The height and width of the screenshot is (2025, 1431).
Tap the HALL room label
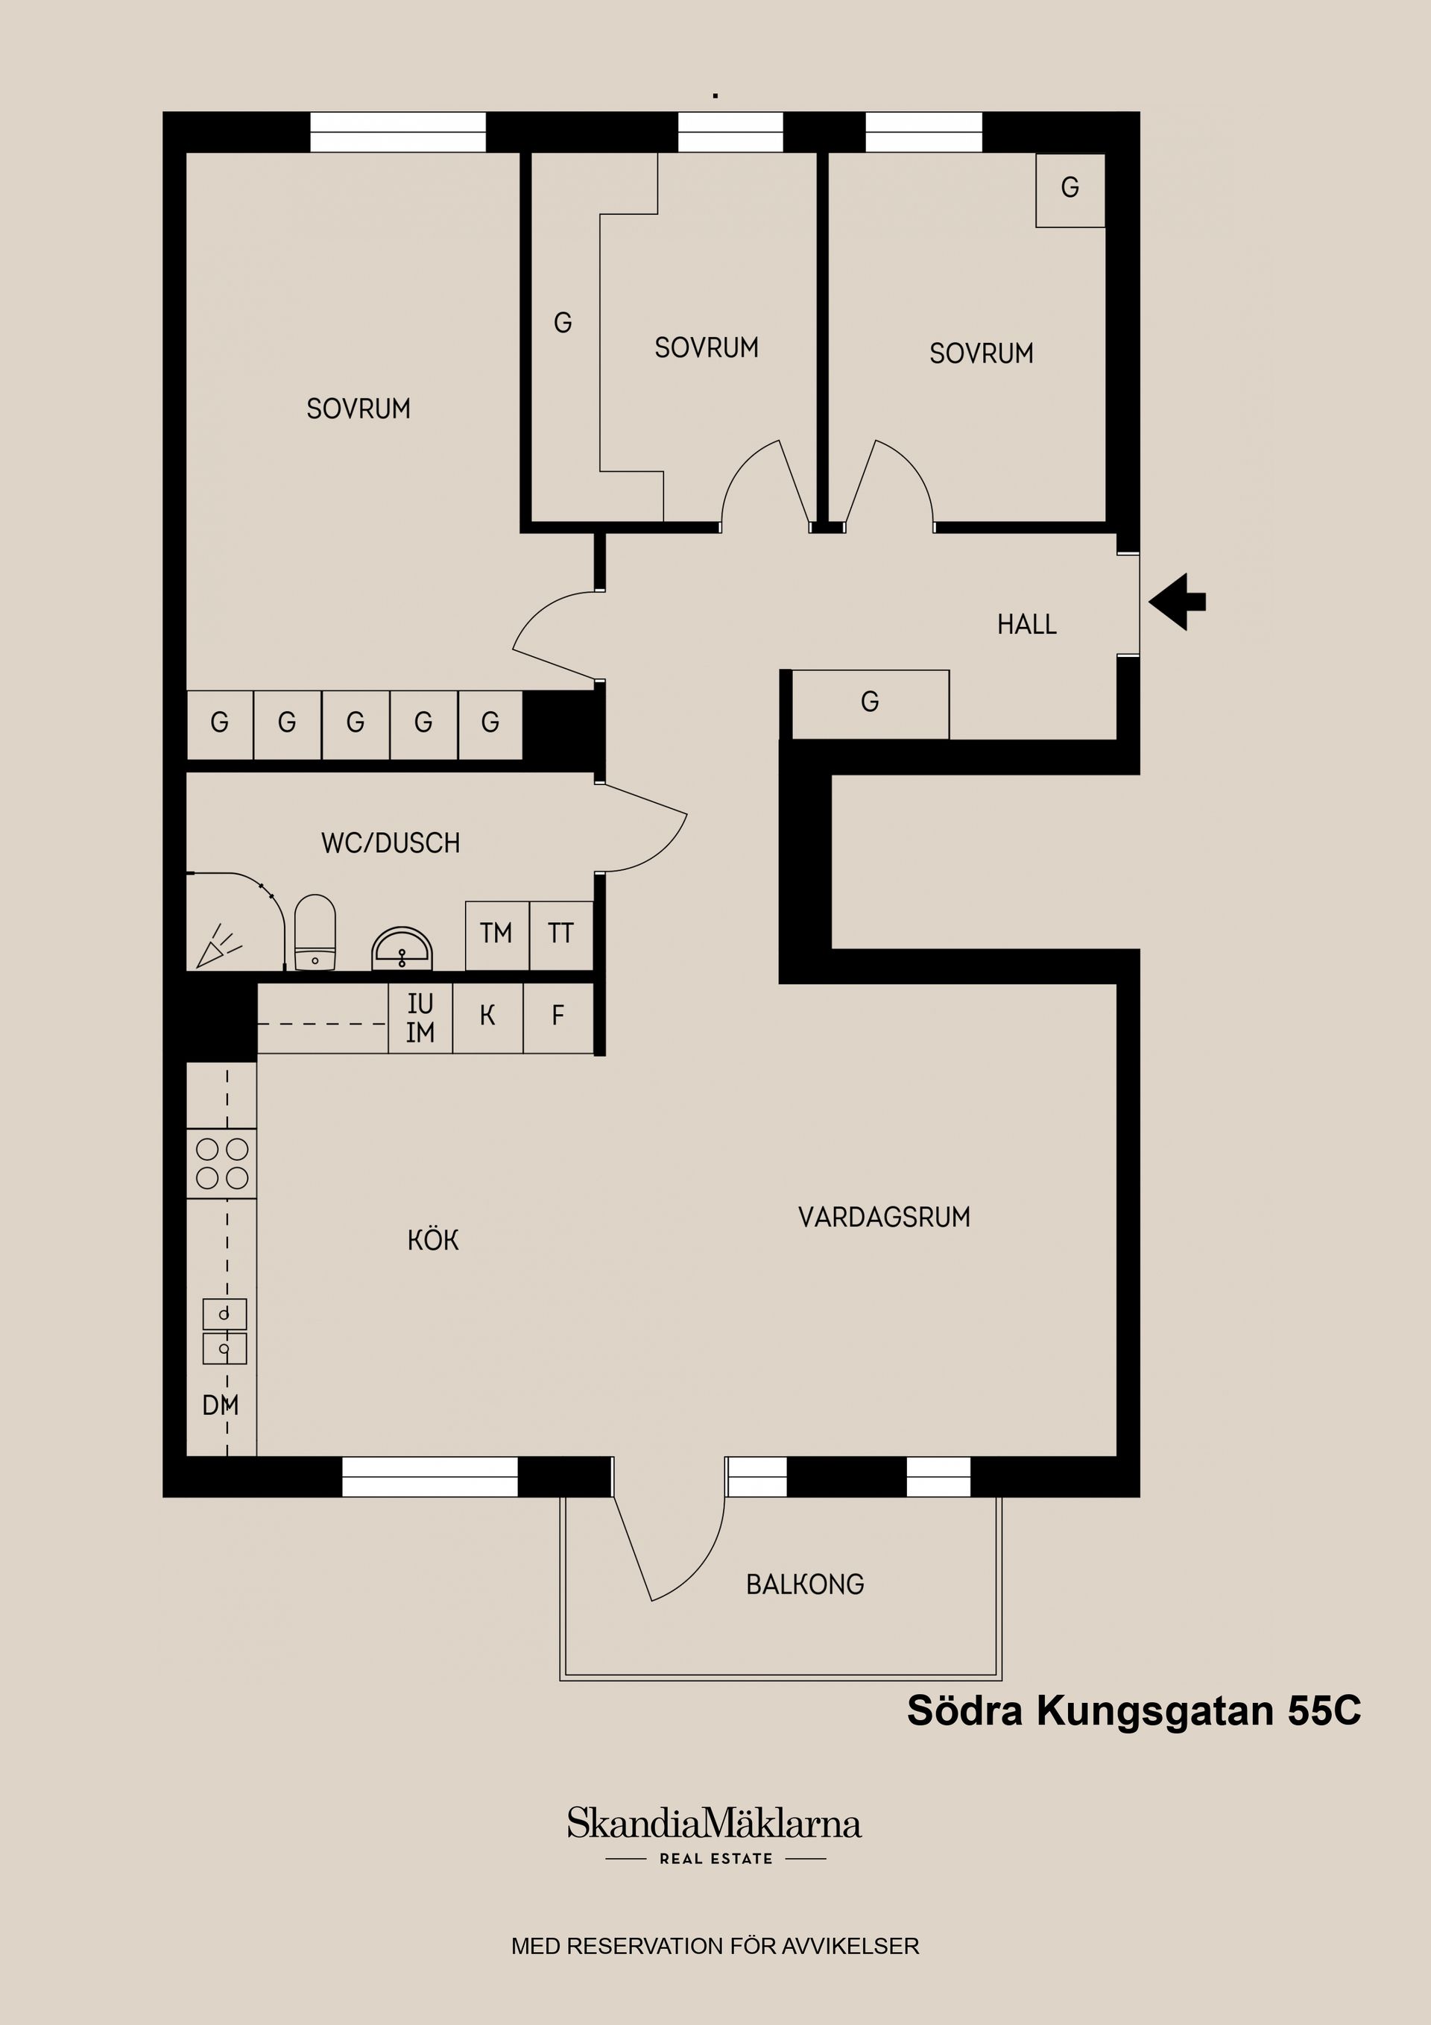pos(1026,625)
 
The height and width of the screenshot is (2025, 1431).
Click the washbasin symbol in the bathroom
pos(402,948)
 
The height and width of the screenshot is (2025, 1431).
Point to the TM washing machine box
pos(496,934)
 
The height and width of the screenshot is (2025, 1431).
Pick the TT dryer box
pos(560,934)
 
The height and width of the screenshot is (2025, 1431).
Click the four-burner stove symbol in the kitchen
pos(222,1163)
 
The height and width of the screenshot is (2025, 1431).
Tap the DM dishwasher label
pos(221,1405)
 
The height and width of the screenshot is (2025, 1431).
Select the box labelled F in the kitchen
pos(558,1017)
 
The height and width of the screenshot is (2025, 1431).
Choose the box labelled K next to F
pos(487,1017)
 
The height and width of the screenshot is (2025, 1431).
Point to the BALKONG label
pos(805,1585)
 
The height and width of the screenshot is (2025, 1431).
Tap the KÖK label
pos(433,1240)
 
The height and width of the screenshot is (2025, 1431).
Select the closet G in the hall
pos(869,703)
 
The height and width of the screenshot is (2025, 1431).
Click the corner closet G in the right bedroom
pos(1070,189)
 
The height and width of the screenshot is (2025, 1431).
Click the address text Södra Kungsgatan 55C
pos(1134,1710)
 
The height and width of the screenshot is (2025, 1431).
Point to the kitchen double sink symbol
pos(225,1332)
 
